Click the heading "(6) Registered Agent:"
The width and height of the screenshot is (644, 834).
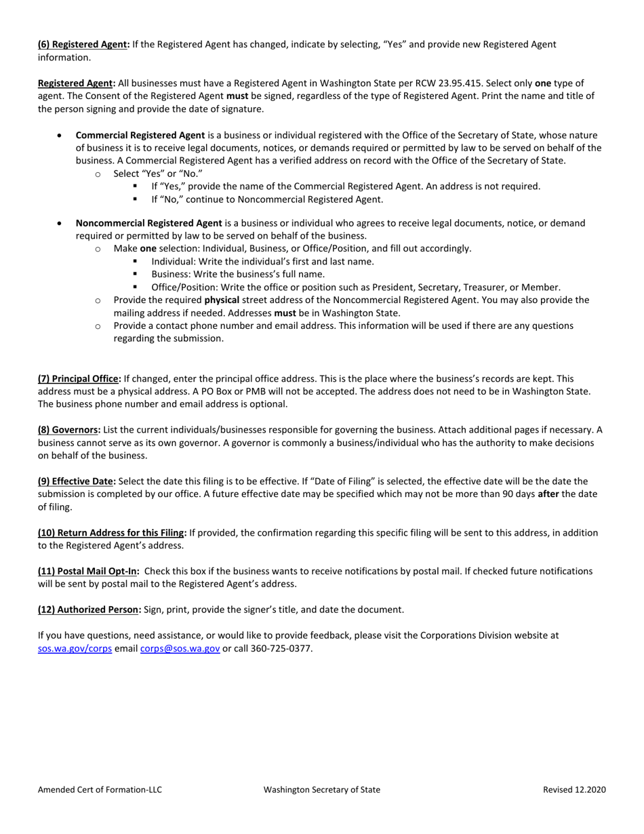tap(83, 45)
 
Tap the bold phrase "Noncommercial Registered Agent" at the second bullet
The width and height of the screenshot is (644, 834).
tap(148, 223)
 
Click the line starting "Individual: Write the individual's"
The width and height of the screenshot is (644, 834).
tap(262, 261)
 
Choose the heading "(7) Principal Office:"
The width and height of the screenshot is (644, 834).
tap(79, 378)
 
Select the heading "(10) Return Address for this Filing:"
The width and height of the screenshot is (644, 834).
tap(112, 533)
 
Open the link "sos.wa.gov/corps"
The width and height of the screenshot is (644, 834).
tap(75, 648)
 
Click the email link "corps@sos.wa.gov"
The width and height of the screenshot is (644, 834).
tap(180, 648)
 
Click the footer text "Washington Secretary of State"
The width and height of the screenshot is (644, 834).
tap(322, 789)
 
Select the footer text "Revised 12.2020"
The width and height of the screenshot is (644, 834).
tap(574, 789)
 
